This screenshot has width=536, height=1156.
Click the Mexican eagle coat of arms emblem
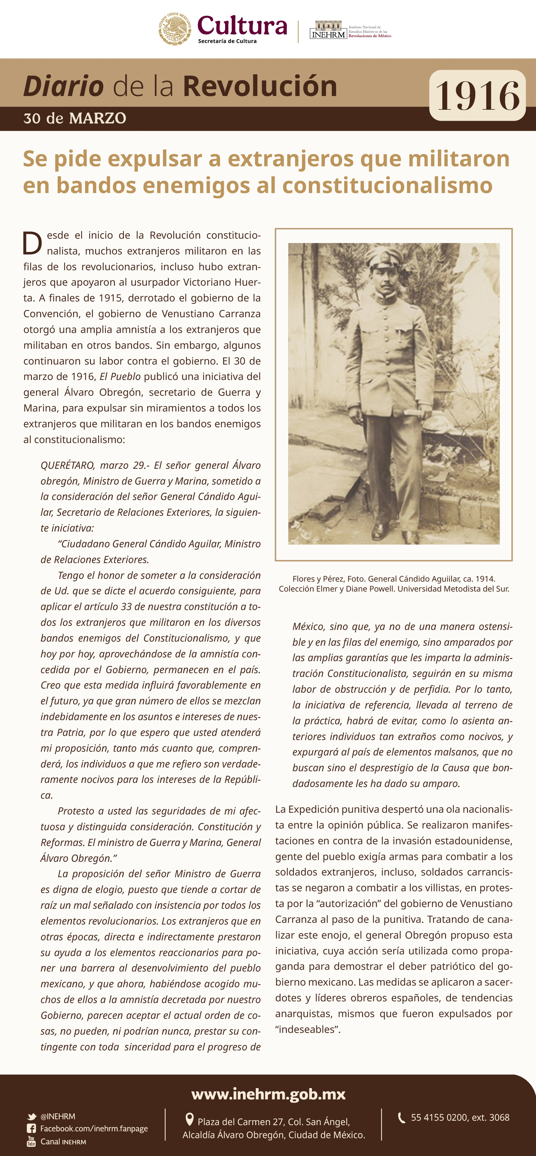pos(175,29)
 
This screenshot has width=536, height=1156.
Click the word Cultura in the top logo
pos(242,26)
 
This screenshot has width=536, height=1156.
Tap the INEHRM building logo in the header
pos(328,29)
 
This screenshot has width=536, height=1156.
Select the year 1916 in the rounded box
pos(477,96)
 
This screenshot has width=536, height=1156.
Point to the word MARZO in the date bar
pos(97,118)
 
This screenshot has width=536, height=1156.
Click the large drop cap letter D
pos(32,243)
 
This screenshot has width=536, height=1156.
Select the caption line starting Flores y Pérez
pos(394,579)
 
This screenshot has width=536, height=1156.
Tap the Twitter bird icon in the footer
pos(32,1117)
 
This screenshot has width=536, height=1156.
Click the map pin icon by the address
pos(189,1119)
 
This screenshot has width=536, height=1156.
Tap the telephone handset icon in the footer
pos(402,1117)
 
